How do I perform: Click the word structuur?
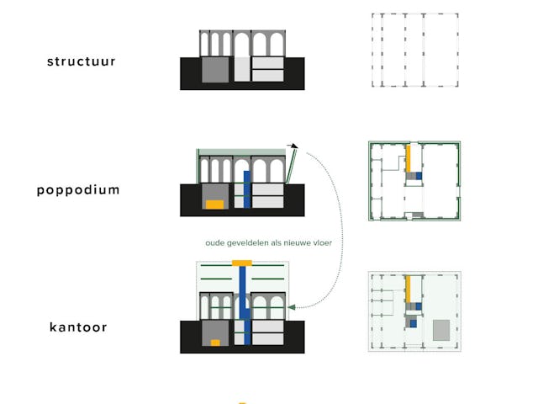(x=81, y=61)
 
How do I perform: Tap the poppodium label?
(x=78, y=190)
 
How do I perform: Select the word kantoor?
(x=78, y=327)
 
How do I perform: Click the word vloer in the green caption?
(x=322, y=243)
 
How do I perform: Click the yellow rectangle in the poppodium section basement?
(x=215, y=205)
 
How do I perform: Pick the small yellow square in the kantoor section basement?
(x=215, y=343)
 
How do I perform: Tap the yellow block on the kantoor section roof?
(x=242, y=263)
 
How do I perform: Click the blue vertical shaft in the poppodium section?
(x=247, y=189)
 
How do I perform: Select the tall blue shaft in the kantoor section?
(x=243, y=302)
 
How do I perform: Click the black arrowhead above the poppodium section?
(x=294, y=146)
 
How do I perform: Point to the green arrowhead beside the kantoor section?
(x=291, y=307)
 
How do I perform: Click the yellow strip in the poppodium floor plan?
(x=408, y=159)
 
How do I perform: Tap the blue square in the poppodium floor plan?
(x=419, y=176)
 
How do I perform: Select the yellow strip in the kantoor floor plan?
(x=408, y=290)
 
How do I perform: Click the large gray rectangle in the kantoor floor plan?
(x=441, y=330)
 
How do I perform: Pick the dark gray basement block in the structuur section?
(x=215, y=70)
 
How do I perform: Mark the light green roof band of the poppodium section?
(x=242, y=152)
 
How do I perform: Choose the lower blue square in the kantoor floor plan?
(x=414, y=323)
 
